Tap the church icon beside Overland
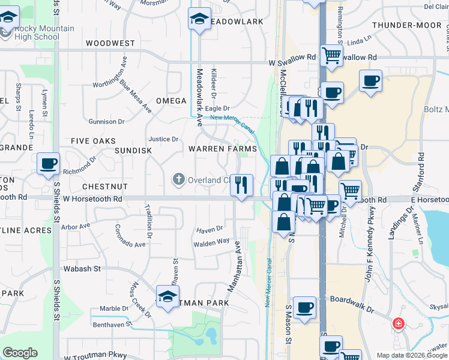178,179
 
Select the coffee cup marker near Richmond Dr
48,163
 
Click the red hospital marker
398,325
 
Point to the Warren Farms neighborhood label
223,148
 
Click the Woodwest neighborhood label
110,44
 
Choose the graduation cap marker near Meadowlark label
199,19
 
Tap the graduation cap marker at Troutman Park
167,296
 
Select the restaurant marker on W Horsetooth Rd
241,185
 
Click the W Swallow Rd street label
292,62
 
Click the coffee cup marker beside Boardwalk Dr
304,307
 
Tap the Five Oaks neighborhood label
93,141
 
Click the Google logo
20,353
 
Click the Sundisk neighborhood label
133,151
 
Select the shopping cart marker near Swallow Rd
331,56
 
